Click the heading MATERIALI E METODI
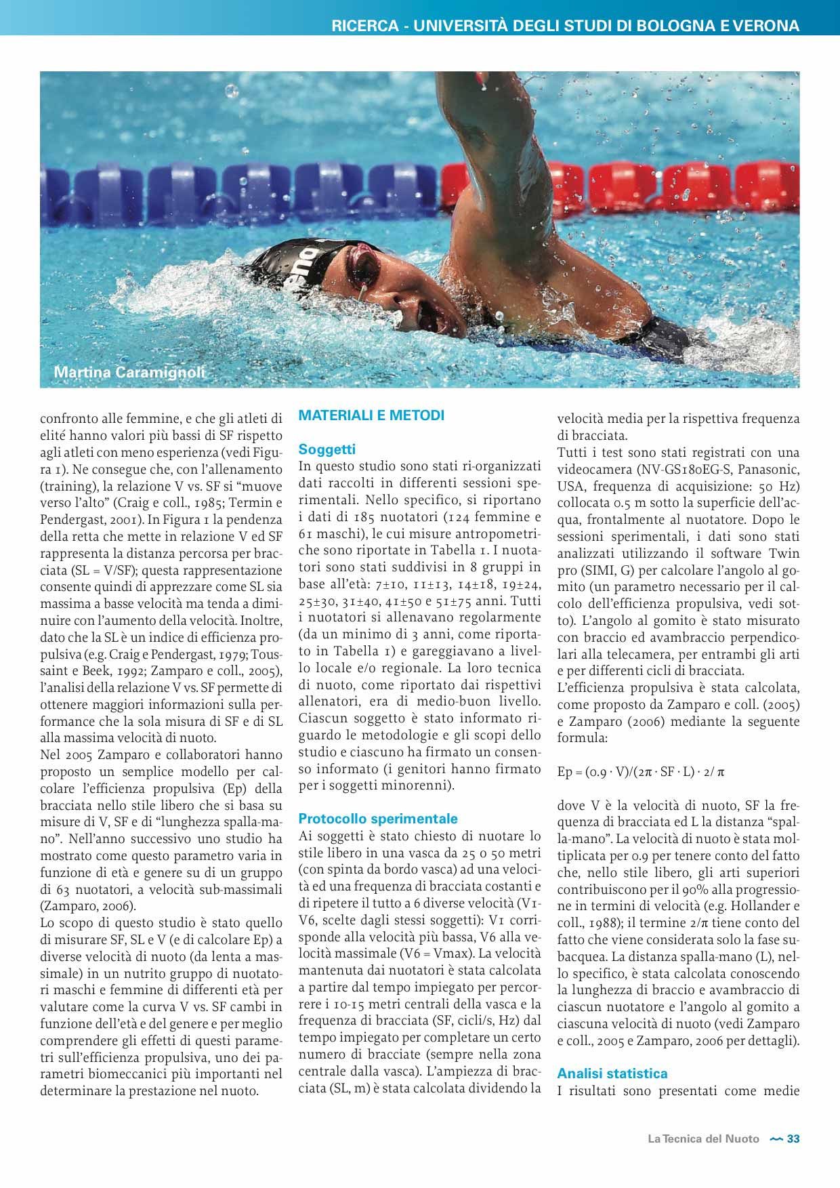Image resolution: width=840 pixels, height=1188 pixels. (371, 415)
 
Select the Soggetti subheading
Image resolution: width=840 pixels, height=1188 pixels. (327, 449)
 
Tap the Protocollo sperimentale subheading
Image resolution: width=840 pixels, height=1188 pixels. (378, 819)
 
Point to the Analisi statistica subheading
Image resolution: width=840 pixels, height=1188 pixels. (612, 1073)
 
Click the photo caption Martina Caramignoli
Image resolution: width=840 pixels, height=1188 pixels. (129, 373)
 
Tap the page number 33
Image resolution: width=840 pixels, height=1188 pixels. (793, 1139)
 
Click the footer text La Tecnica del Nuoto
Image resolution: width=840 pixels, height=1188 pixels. (703, 1139)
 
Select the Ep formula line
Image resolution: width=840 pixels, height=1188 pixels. (641, 772)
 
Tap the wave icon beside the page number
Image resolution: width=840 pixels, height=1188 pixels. (776, 1140)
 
